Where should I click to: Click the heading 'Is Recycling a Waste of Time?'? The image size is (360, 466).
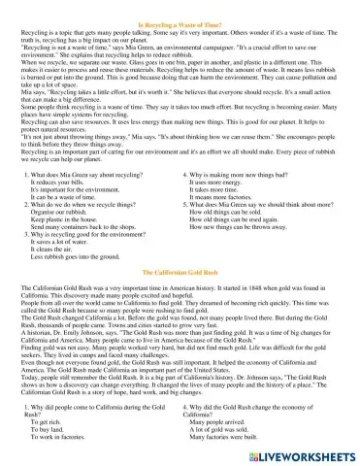coord(180,8)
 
